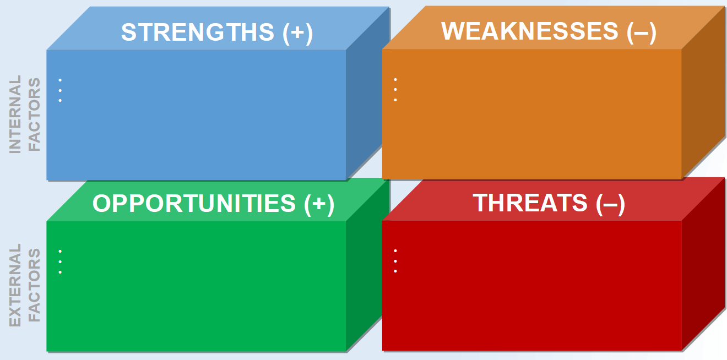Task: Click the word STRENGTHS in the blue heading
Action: point(197,32)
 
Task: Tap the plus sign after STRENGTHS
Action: point(297,33)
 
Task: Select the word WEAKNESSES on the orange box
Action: point(530,31)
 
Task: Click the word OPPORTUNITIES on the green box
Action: point(194,204)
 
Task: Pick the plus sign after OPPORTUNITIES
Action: point(319,204)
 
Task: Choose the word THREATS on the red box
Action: point(530,203)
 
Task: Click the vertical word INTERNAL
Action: point(15,114)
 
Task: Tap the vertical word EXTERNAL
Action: point(15,285)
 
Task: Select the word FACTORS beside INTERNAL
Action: point(34,114)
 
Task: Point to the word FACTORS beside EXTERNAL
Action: point(34,285)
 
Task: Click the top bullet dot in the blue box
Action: point(60,80)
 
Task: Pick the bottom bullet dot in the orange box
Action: point(395,100)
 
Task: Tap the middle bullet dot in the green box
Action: point(60,261)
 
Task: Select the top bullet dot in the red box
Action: point(395,250)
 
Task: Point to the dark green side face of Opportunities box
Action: point(363,281)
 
